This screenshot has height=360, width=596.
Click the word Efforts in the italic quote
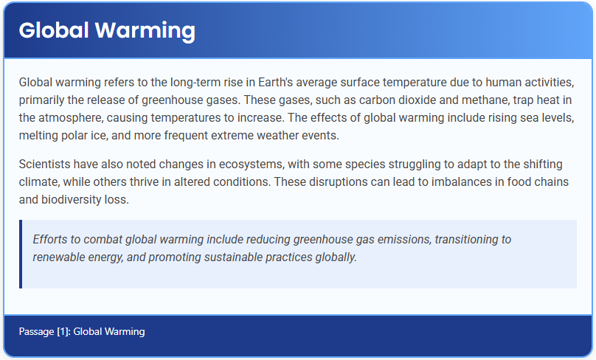tap(51, 239)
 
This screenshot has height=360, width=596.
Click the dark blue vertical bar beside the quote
tap(21, 254)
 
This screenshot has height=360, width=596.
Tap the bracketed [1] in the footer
tap(63, 332)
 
